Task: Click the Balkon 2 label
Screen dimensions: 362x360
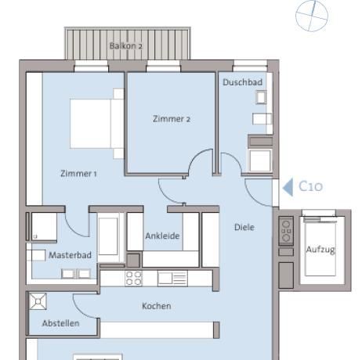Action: [126, 46]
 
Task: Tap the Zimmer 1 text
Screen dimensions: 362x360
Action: [78, 173]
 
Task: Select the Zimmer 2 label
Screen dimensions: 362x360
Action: [172, 119]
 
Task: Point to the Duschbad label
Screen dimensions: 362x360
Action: [242, 82]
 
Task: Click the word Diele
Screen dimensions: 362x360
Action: [244, 227]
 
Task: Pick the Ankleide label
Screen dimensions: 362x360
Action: [162, 236]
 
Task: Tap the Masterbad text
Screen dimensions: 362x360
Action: [70, 255]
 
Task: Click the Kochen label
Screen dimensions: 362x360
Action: [157, 306]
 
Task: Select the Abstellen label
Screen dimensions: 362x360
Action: [60, 323]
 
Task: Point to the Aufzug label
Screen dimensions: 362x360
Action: [320, 250]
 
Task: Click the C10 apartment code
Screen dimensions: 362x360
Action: [310, 186]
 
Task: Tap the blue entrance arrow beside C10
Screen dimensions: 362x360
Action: [288, 187]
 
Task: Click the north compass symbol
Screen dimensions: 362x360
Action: [312, 16]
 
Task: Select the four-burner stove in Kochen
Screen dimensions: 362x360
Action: [133, 278]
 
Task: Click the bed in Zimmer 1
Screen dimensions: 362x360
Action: [96, 124]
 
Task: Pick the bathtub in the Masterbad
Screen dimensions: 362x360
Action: [108, 237]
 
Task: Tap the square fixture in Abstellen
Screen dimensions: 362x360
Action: [38, 301]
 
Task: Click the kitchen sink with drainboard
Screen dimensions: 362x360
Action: [172, 278]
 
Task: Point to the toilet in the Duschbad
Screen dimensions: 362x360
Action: [261, 98]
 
